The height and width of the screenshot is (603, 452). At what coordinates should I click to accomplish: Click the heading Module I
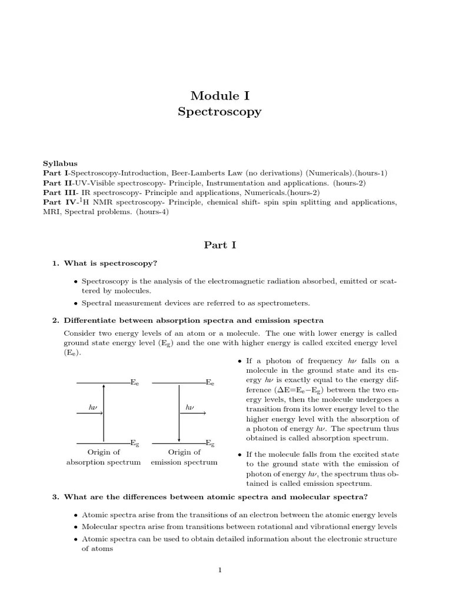pos(220,95)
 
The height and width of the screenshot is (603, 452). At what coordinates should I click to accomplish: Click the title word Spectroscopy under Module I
pos(220,111)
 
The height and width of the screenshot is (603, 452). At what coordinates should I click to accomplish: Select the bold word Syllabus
pos(60,163)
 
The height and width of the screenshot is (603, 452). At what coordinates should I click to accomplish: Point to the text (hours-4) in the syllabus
pos(152,212)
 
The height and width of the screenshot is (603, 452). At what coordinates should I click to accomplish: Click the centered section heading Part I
pos(220,245)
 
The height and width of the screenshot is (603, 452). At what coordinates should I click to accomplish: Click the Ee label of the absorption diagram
pos(135,383)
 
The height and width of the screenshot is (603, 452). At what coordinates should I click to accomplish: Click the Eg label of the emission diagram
pos(210,443)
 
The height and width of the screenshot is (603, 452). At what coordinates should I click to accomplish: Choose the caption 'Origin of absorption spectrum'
pos(104,458)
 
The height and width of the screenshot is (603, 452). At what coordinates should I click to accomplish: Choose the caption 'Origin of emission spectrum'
pos(184,458)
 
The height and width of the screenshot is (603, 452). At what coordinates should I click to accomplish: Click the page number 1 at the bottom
pos(220,569)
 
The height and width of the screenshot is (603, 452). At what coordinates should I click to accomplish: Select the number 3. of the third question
pos(56,496)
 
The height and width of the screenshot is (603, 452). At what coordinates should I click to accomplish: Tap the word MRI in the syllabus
pos(51,212)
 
